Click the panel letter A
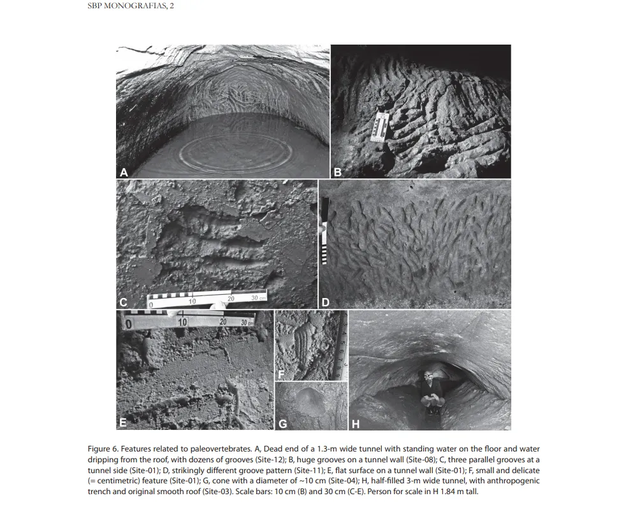124,172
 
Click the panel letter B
338,172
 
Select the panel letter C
124,302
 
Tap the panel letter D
326,302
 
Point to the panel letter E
123,422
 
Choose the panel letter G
282,423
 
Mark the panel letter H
356,423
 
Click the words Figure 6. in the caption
103,450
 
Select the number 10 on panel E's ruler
183,322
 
